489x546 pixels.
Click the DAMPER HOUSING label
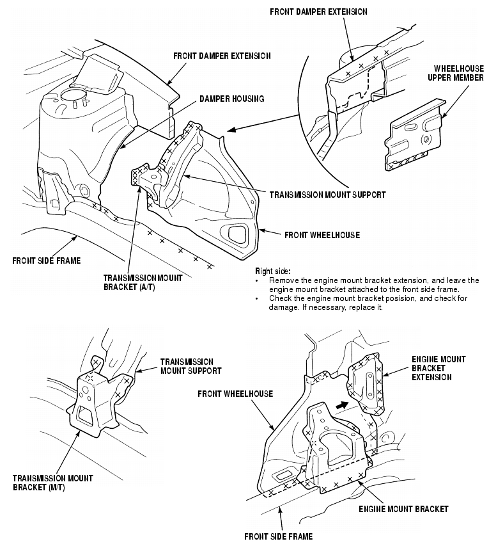point(231,99)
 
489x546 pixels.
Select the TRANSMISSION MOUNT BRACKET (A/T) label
point(143,282)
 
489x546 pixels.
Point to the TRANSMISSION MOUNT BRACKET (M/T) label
point(52,483)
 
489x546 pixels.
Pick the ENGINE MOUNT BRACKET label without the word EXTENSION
point(403,510)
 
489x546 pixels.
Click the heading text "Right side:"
point(273,271)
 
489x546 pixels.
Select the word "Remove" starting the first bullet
point(283,280)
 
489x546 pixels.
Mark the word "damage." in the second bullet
point(282,308)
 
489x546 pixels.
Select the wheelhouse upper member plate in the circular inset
point(412,138)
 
